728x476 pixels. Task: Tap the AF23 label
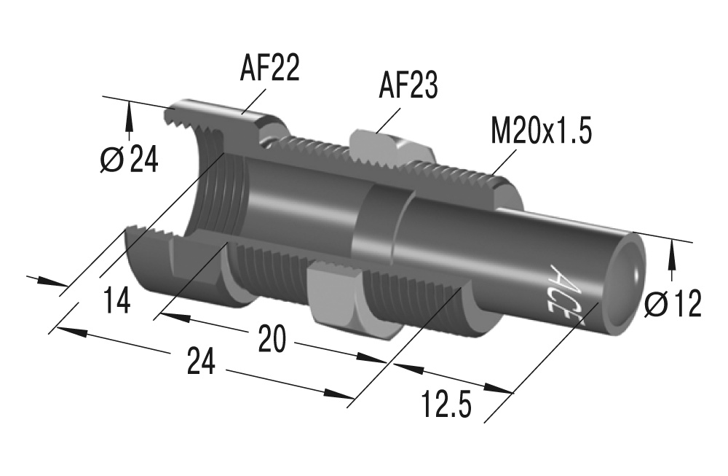(x=408, y=86)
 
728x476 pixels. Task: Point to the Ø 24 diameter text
(x=129, y=160)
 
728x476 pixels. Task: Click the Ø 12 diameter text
(x=673, y=303)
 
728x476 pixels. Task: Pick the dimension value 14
(x=116, y=300)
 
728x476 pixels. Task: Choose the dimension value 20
(x=272, y=340)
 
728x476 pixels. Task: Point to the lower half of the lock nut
(x=336, y=299)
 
